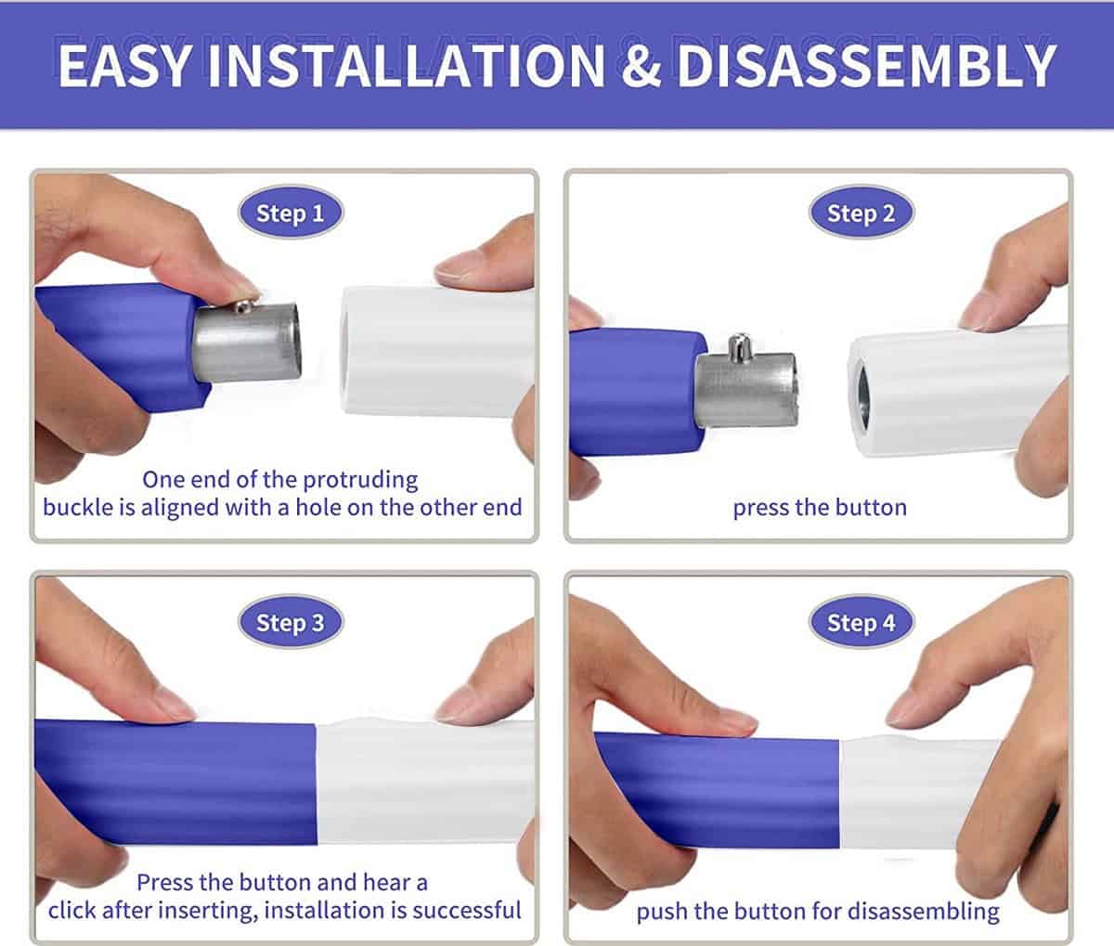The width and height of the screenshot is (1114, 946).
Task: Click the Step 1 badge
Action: pyautogui.click(x=291, y=213)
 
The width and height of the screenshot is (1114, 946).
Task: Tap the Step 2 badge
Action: pyautogui.click(x=861, y=213)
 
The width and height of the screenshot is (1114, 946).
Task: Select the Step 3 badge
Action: pyautogui.click(x=291, y=622)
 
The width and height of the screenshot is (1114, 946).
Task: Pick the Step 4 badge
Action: pyautogui.click(x=861, y=622)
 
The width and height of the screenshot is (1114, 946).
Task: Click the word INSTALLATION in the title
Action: pyautogui.click(x=407, y=66)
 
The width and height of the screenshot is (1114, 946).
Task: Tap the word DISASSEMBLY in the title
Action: pyautogui.click(x=866, y=66)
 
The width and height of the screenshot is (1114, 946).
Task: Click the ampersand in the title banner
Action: pyautogui.click(x=641, y=66)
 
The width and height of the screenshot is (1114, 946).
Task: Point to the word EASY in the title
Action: pyautogui.click(x=124, y=66)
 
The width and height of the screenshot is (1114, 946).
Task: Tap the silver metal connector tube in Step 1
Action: pyautogui.click(x=246, y=342)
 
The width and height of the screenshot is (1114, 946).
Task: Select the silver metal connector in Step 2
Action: pyautogui.click(x=746, y=387)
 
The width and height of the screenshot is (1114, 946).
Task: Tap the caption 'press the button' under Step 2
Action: pyautogui.click(x=820, y=508)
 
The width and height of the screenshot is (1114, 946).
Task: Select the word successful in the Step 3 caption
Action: pyautogui.click(x=467, y=911)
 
